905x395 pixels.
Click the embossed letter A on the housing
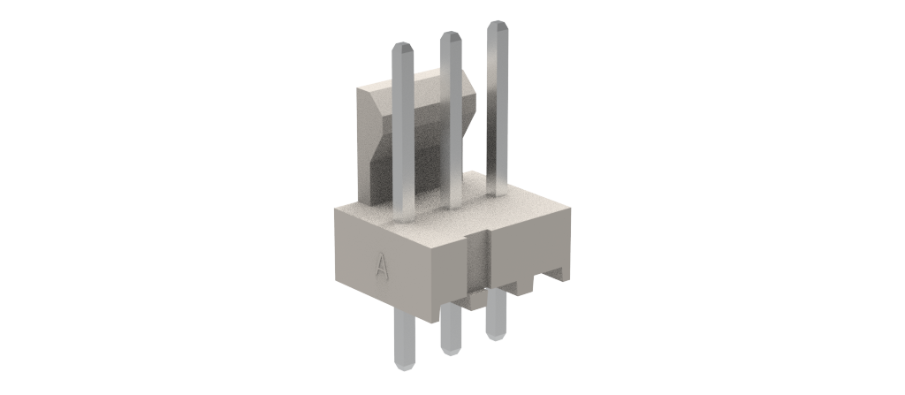[380, 265]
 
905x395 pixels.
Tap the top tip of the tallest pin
[498, 21]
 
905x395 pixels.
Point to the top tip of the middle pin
[451, 32]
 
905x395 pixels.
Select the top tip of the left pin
[402, 42]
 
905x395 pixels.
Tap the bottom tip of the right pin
[496, 339]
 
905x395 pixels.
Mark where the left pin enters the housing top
[403, 220]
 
